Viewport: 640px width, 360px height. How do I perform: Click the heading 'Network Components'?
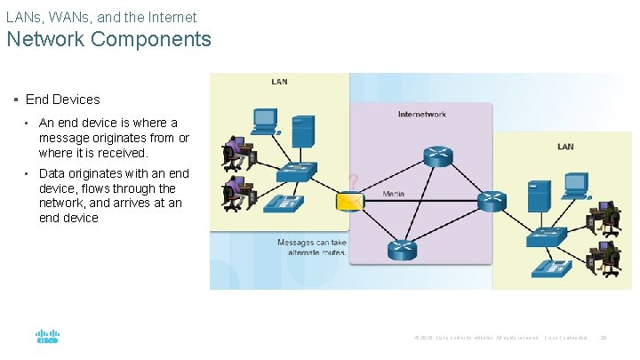point(108,39)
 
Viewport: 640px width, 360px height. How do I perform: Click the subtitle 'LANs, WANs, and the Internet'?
point(101,17)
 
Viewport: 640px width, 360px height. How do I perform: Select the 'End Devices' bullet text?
point(63,100)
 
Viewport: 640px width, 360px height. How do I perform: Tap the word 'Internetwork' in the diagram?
point(422,114)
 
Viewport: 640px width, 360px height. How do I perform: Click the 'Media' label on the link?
point(394,193)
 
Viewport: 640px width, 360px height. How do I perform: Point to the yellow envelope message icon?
point(350,202)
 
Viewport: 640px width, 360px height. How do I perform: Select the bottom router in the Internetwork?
point(401,250)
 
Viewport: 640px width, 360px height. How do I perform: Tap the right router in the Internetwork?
point(491,202)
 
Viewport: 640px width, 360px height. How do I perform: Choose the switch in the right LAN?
point(546,236)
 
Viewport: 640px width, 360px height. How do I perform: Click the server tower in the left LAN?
point(303,132)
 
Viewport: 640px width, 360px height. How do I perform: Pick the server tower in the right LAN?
point(538,196)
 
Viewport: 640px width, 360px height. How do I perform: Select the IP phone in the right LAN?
point(557,268)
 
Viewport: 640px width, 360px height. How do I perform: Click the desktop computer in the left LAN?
point(264,122)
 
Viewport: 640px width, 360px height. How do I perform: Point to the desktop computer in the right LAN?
point(576,184)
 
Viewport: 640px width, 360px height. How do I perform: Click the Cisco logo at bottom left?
point(47,336)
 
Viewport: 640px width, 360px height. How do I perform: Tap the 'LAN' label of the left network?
point(279,82)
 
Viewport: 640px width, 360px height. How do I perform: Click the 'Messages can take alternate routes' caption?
point(312,247)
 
